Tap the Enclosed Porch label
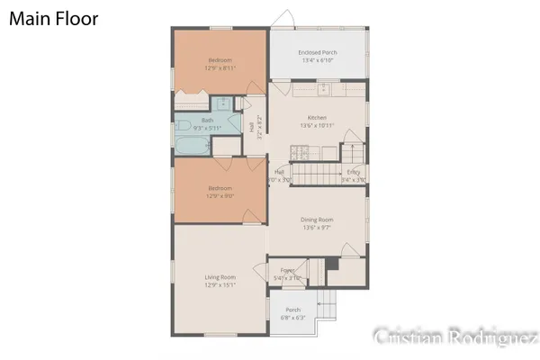pyautogui.click(x=317, y=53)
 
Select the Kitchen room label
pyautogui.click(x=317, y=118)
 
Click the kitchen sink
pyautogui.click(x=323, y=90)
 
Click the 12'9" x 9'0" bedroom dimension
pyautogui.click(x=220, y=194)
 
